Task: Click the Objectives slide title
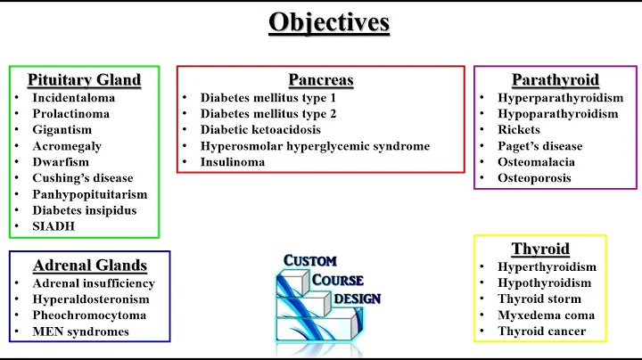coord(329,21)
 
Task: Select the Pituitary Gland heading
coord(84,80)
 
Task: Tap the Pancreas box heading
coord(321,80)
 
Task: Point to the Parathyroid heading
coord(555,80)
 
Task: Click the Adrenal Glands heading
coord(89,266)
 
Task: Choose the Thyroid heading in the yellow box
coord(540,249)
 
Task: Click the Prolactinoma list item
coord(70,114)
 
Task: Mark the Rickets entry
coord(520,130)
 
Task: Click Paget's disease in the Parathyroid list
coord(540,146)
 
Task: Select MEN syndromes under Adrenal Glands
coord(80,331)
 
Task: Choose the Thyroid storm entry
coord(539,299)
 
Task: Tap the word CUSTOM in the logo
coord(310,260)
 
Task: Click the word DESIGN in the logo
coord(357,299)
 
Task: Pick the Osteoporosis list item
coord(535,178)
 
